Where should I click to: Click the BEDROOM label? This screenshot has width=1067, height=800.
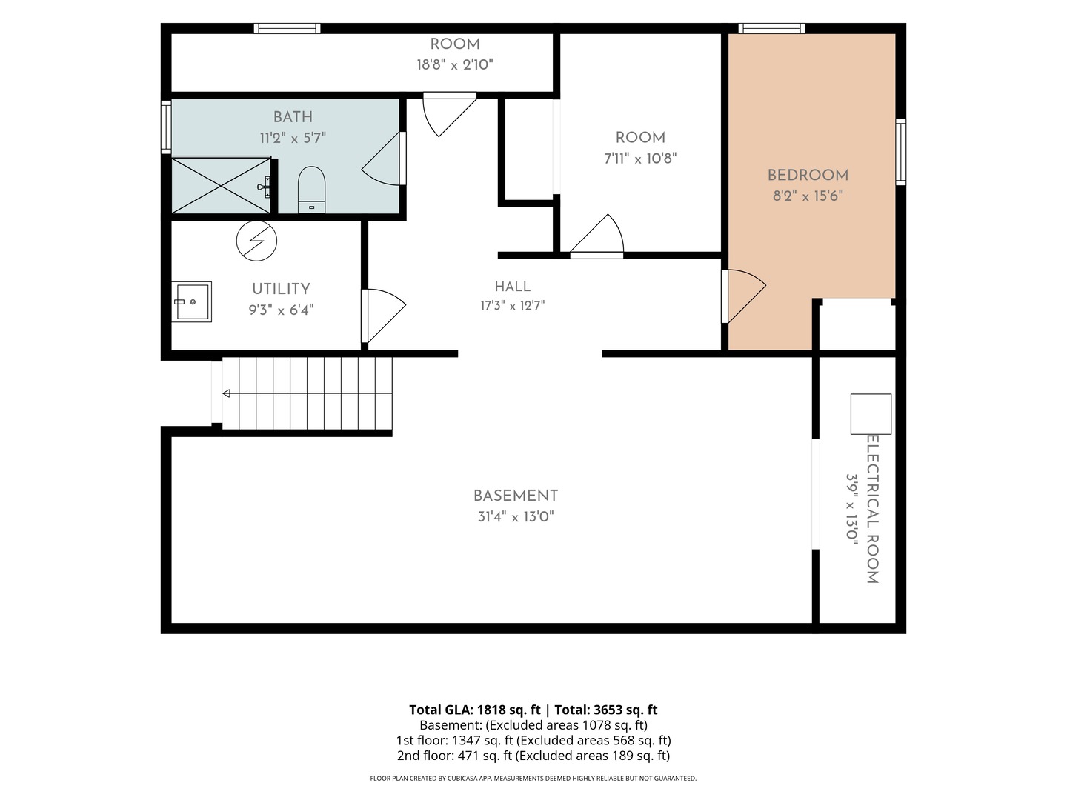pos(808,176)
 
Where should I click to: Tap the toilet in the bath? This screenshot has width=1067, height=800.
pos(311,190)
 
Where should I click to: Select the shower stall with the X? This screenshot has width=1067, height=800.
pos(221,185)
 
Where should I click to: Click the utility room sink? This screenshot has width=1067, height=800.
pos(191,301)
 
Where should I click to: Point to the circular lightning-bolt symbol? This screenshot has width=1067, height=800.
pos(256,241)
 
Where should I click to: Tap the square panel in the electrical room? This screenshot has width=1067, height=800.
pos(871,414)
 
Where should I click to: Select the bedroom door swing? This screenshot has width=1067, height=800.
pos(744,296)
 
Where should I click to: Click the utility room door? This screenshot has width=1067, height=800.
pos(383,316)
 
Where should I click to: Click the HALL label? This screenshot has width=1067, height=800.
pos(512,287)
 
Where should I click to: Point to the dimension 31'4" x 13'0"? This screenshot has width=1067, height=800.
pos(515,516)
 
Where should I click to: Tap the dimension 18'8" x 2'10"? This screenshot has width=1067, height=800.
pos(455,64)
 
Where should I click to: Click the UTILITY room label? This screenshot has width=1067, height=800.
pos(281,289)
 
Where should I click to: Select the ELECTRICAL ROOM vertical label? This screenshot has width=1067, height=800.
pos(873,509)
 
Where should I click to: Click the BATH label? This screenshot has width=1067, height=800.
pos(293,117)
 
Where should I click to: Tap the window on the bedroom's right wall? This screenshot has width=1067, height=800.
pos(901,152)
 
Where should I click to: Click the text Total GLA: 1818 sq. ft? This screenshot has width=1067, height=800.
pos(474,710)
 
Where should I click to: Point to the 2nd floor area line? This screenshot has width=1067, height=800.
pos(533,756)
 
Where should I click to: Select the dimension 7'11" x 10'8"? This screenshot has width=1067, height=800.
pos(640,159)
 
